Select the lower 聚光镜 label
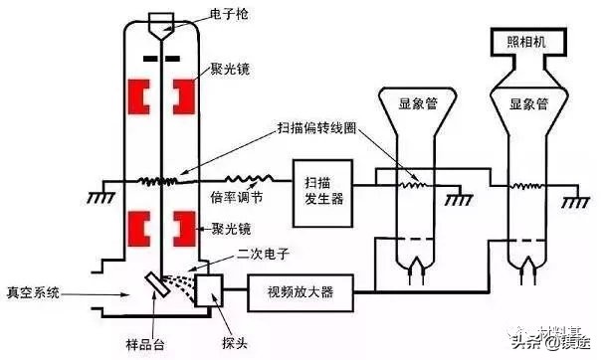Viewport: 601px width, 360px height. point(230,228)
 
